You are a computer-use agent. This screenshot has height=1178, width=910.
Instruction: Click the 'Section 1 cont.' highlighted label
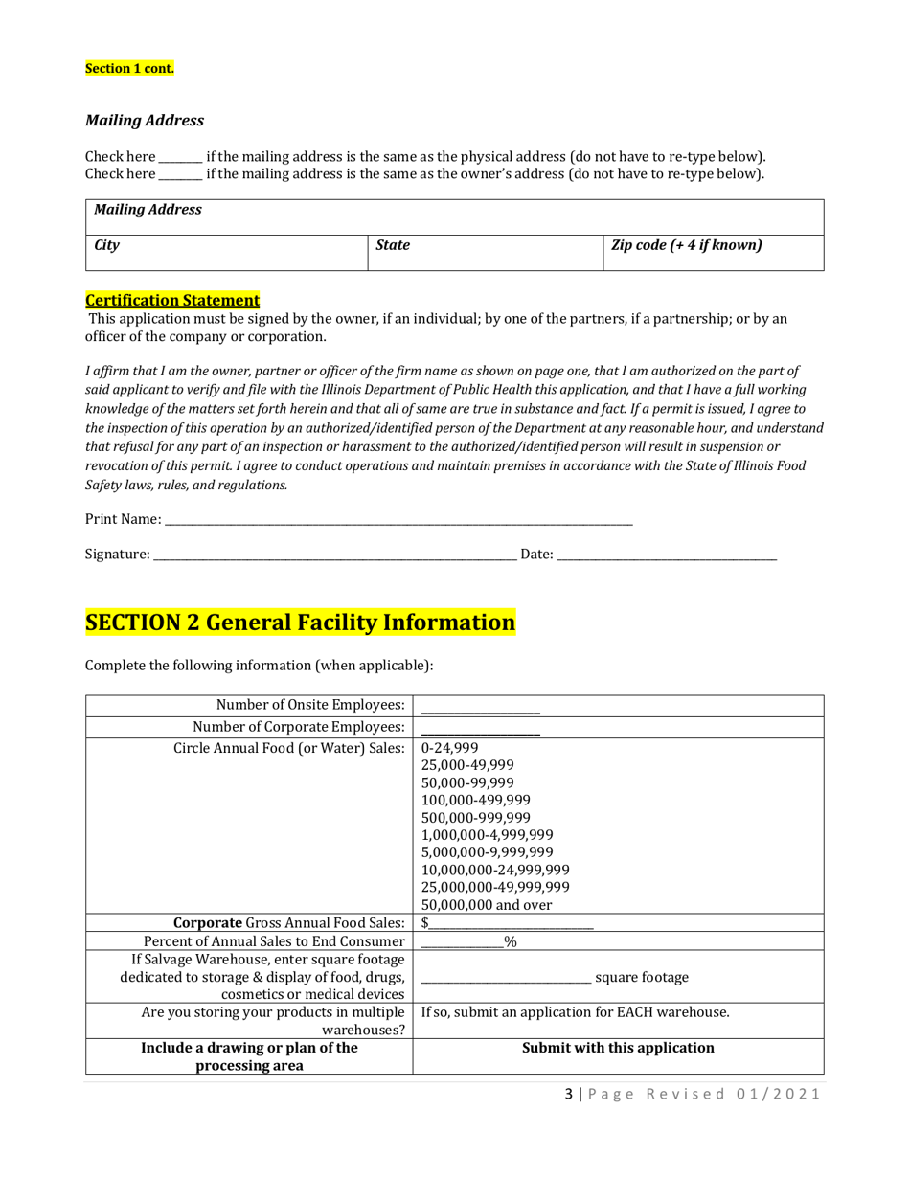pos(129,69)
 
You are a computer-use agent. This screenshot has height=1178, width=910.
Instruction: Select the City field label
pos(106,245)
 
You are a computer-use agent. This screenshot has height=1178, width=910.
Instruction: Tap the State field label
pos(392,245)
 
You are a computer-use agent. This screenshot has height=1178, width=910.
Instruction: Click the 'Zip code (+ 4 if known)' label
pos(686,245)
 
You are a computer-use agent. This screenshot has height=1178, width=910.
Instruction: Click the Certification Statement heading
pos(172,300)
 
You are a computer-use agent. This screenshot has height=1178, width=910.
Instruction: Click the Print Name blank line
pos(398,520)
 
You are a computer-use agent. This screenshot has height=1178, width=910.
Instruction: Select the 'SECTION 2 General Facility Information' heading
pos(301,623)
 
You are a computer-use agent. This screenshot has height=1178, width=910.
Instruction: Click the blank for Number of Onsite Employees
pos(480,708)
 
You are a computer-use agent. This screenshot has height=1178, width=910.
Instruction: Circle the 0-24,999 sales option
pos(449,749)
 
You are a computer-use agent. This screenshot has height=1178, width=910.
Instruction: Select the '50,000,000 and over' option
pos(487,905)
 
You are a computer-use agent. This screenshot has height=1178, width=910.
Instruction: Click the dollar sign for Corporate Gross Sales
pos(425,923)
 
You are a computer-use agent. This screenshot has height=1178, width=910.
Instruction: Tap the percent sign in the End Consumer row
pos(511,942)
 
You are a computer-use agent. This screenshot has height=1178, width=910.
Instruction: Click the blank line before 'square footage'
pos(506,979)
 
